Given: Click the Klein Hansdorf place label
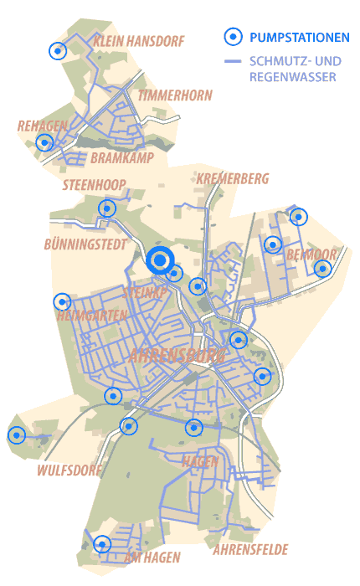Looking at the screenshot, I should tap(139, 41).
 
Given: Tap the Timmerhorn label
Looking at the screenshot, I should tap(175, 95).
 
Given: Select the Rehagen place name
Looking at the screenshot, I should tap(42, 126).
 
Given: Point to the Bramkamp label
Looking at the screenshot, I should tap(120, 157).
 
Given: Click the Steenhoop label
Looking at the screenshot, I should tap(94, 184).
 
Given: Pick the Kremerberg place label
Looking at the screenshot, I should tap(233, 178).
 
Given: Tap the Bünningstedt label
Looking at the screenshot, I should tap(85, 244).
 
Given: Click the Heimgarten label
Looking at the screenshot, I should tap(92, 316).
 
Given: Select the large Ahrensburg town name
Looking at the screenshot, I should tap(177, 357).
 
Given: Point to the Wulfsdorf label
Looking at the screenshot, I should tap(69, 470).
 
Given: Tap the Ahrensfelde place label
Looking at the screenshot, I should tap(250, 550).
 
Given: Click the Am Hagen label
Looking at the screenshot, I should tap(152, 558).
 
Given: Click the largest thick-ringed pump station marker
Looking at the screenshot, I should tap(159, 260).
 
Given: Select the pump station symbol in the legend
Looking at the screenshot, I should tap(234, 36).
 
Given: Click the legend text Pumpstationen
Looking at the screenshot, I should tap(300, 37).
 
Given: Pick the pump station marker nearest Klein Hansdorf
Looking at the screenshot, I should tap(57, 50).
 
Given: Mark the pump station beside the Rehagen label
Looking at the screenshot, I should tap(44, 142).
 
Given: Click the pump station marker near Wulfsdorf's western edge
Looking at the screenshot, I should tap(17, 435).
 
